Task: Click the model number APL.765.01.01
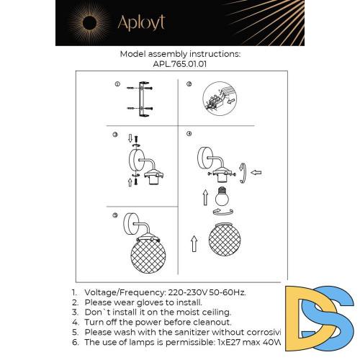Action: click(180, 63)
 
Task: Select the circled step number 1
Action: click(117, 85)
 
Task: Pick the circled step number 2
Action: click(189, 85)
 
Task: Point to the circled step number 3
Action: click(115, 135)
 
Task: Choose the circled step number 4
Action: click(189, 134)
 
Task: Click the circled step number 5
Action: click(115, 215)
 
